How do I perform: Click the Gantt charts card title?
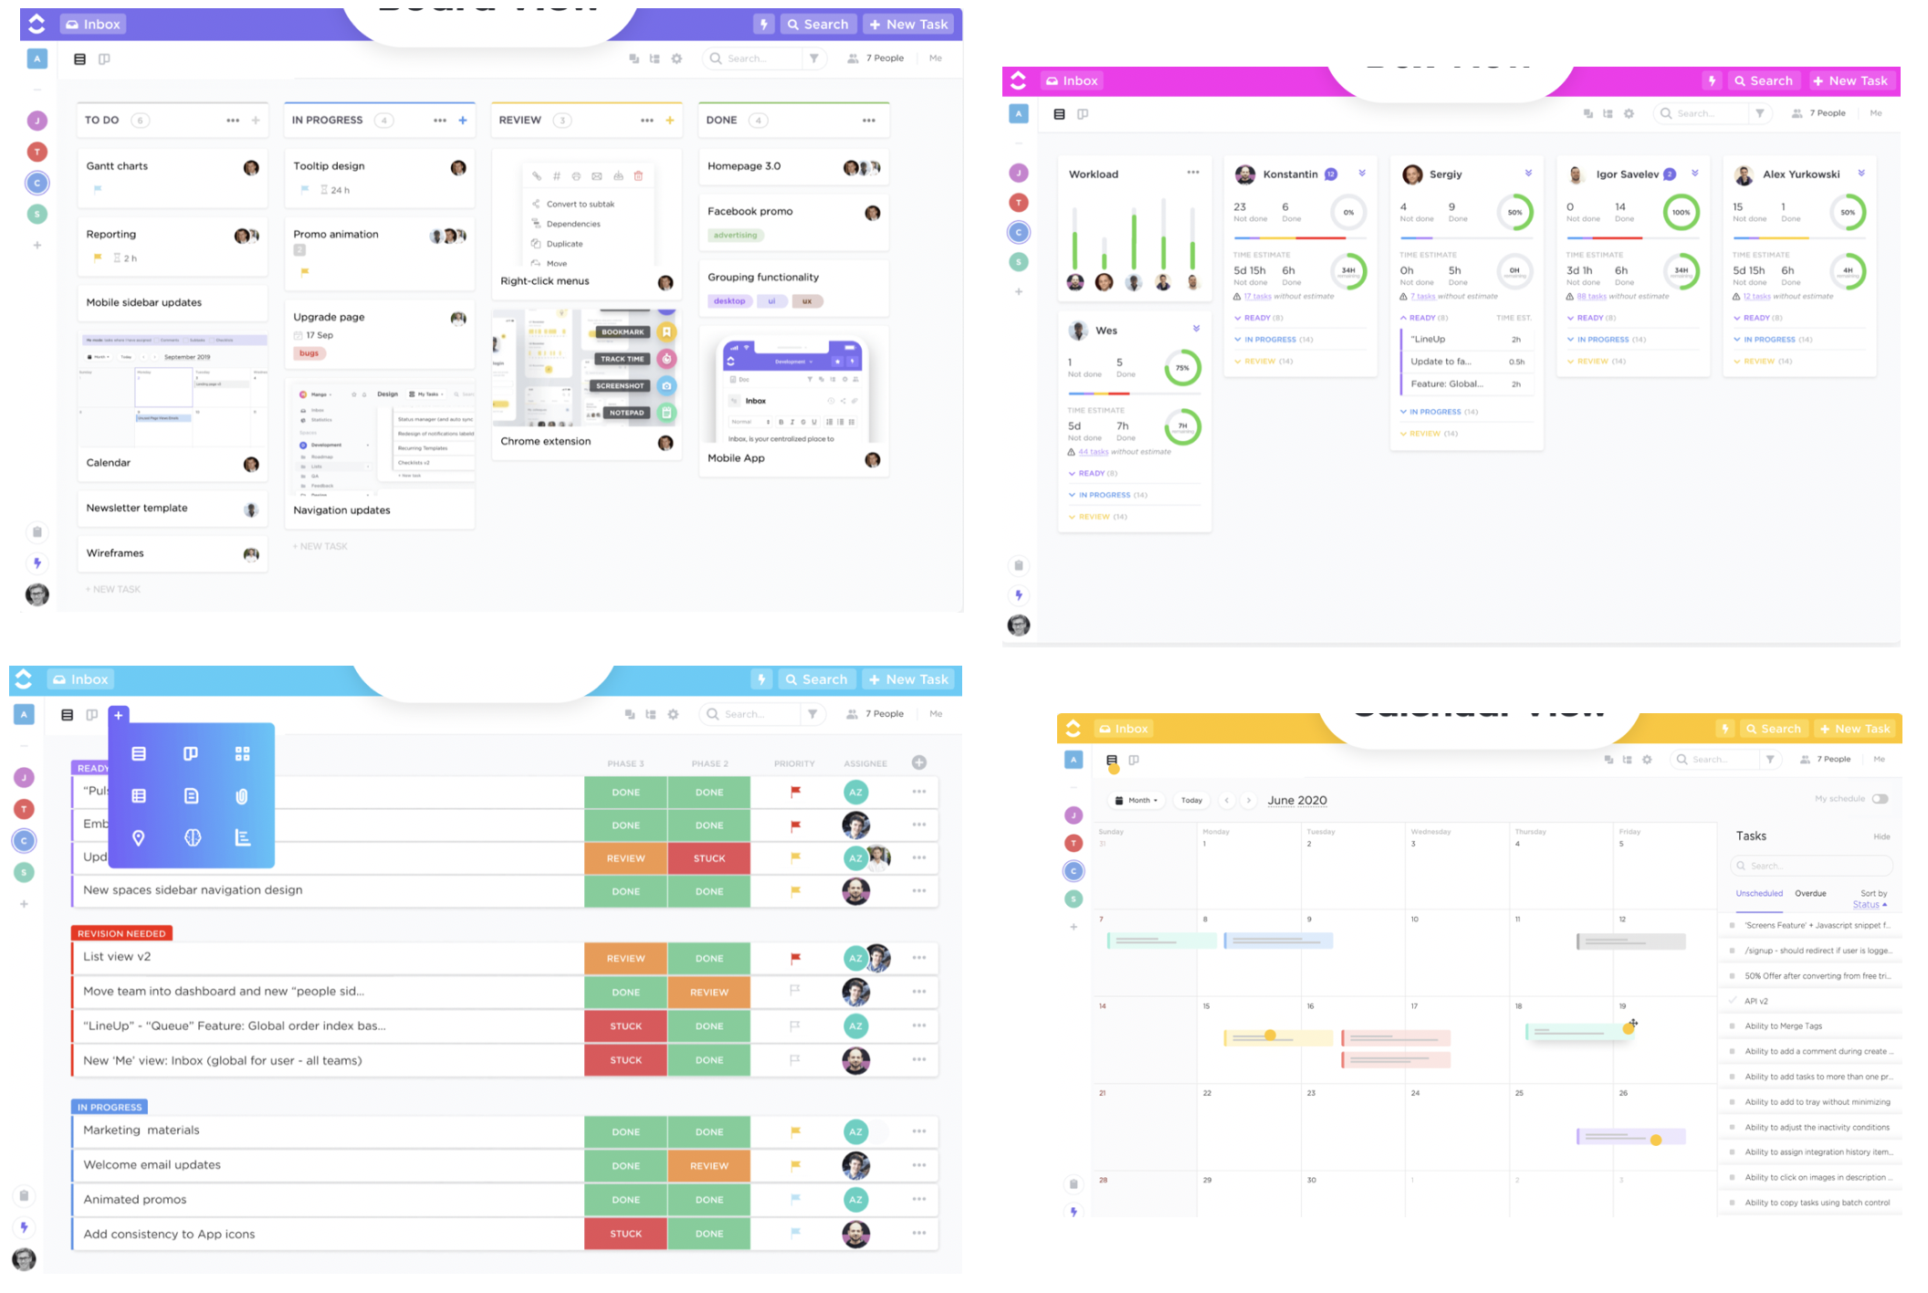(117, 166)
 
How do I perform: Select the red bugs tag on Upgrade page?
(309, 353)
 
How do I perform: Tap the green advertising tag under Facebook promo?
(735, 236)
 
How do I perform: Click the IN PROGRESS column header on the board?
(328, 121)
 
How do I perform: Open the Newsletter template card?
(137, 509)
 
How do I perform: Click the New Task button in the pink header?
(1850, 81)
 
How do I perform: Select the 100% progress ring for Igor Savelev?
(1681, 213)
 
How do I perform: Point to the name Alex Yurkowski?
(1800, 174)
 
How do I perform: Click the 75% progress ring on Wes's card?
(1182, 368)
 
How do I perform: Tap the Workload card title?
(1094, 174)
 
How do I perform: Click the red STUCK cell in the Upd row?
(709, 858)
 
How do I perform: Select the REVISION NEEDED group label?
(121, 933)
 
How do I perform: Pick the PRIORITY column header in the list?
(794, 763)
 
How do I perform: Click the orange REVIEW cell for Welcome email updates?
(709, 1166)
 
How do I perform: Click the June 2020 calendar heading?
(1297, 801)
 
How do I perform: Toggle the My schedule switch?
(1880, 799)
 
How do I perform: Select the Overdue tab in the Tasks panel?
(1810, 894)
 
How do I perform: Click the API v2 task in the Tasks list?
(1756, 1002)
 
